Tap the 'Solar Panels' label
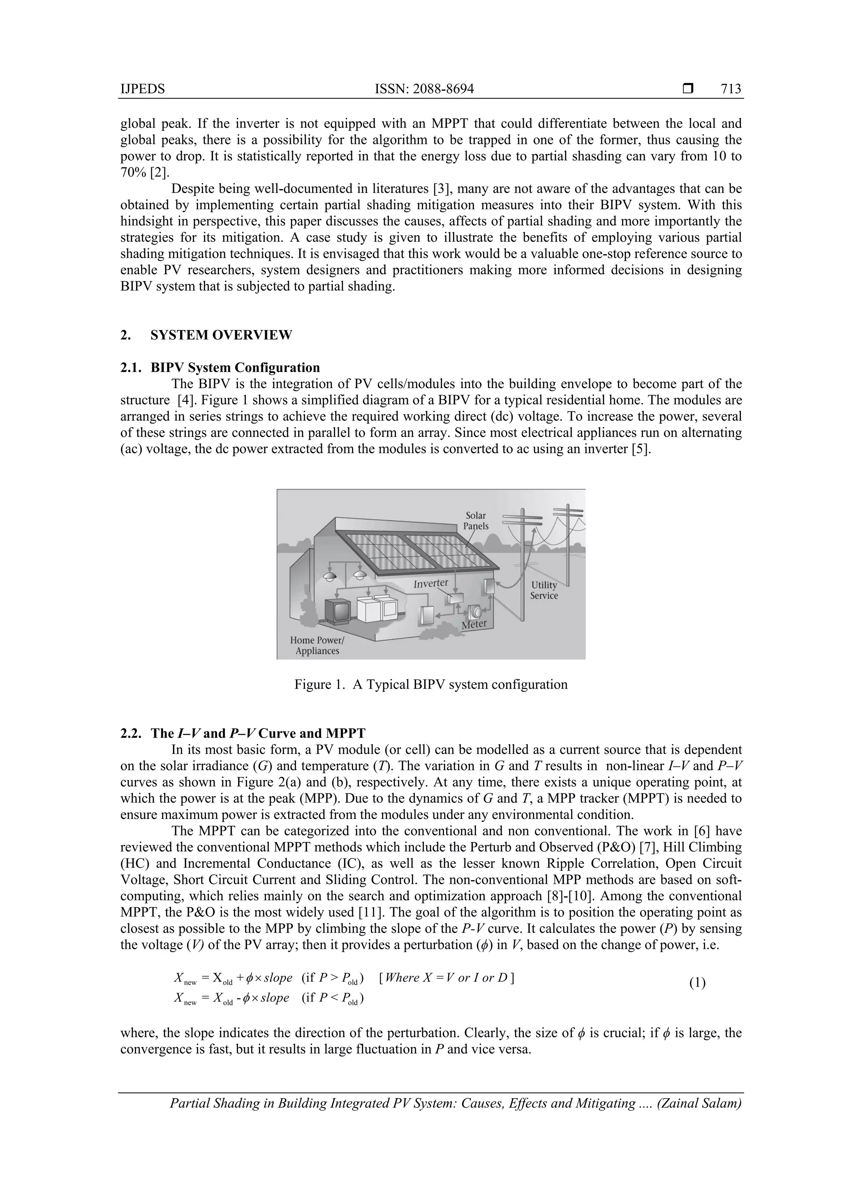point(476,520)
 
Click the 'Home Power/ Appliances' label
point(317,646)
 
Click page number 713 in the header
point(731,89)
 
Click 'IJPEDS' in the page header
point(143,89)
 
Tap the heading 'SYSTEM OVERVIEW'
point(221,335)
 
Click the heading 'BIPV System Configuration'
point(235,368)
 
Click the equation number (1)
point(697,983)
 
